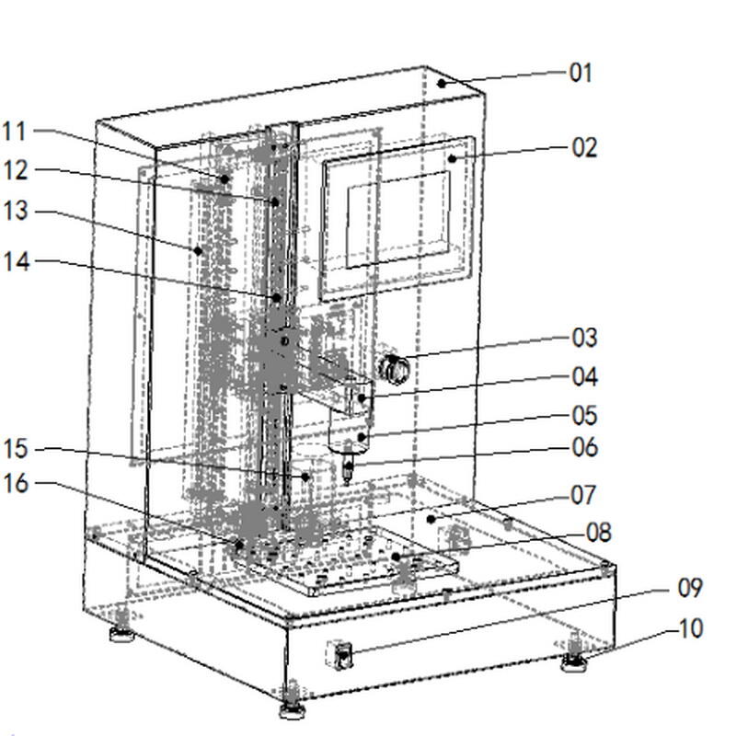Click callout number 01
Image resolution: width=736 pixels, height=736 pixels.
581,73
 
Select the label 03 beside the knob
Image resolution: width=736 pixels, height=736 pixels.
584,338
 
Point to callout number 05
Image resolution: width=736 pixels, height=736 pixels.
584,416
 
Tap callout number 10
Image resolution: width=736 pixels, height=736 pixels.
690,629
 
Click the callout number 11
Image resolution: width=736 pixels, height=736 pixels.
15,132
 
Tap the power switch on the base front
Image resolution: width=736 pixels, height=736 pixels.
343,656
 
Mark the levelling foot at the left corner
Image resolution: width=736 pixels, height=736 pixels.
121,633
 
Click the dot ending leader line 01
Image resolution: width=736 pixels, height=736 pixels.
443,83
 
